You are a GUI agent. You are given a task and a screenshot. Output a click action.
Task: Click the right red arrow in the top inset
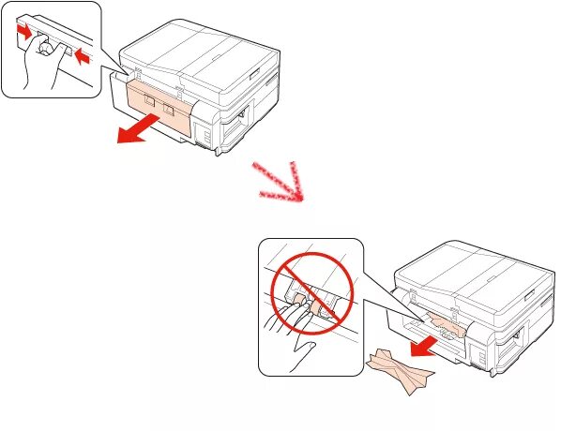[82, 59]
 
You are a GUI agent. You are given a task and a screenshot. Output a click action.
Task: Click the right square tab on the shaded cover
[170, 109]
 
